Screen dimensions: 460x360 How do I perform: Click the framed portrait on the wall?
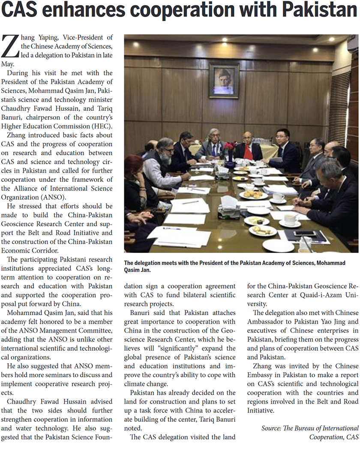click(224, 80)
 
